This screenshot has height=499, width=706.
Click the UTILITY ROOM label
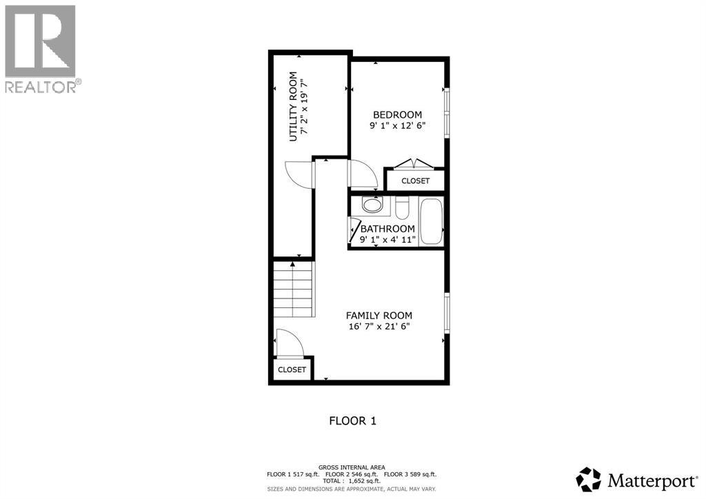pos(293,106)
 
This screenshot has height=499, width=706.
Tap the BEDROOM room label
pos(397,114)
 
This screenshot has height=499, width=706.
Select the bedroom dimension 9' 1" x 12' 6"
pos(397,125)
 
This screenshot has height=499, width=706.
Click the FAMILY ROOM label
pos(379,315)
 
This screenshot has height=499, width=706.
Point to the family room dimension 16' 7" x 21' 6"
pos(379,327)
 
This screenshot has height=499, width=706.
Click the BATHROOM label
pos(387,229)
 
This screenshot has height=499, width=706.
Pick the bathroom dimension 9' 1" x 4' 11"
pos(387,240)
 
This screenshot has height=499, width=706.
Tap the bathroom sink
pos(372,205)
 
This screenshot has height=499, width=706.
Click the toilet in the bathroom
pos(403,206)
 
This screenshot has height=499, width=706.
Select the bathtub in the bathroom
pos(431,221)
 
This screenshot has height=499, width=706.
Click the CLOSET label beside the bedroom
pos(415,181)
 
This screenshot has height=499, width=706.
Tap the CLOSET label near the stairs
pos(292,369)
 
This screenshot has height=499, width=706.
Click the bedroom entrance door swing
pos(362,176)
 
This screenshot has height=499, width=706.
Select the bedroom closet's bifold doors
pos(414,164)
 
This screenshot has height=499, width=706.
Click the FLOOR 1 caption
pos(352,420)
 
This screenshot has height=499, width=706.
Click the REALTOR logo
pos(41,48)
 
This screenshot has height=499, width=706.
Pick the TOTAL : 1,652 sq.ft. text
pos(352,482)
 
